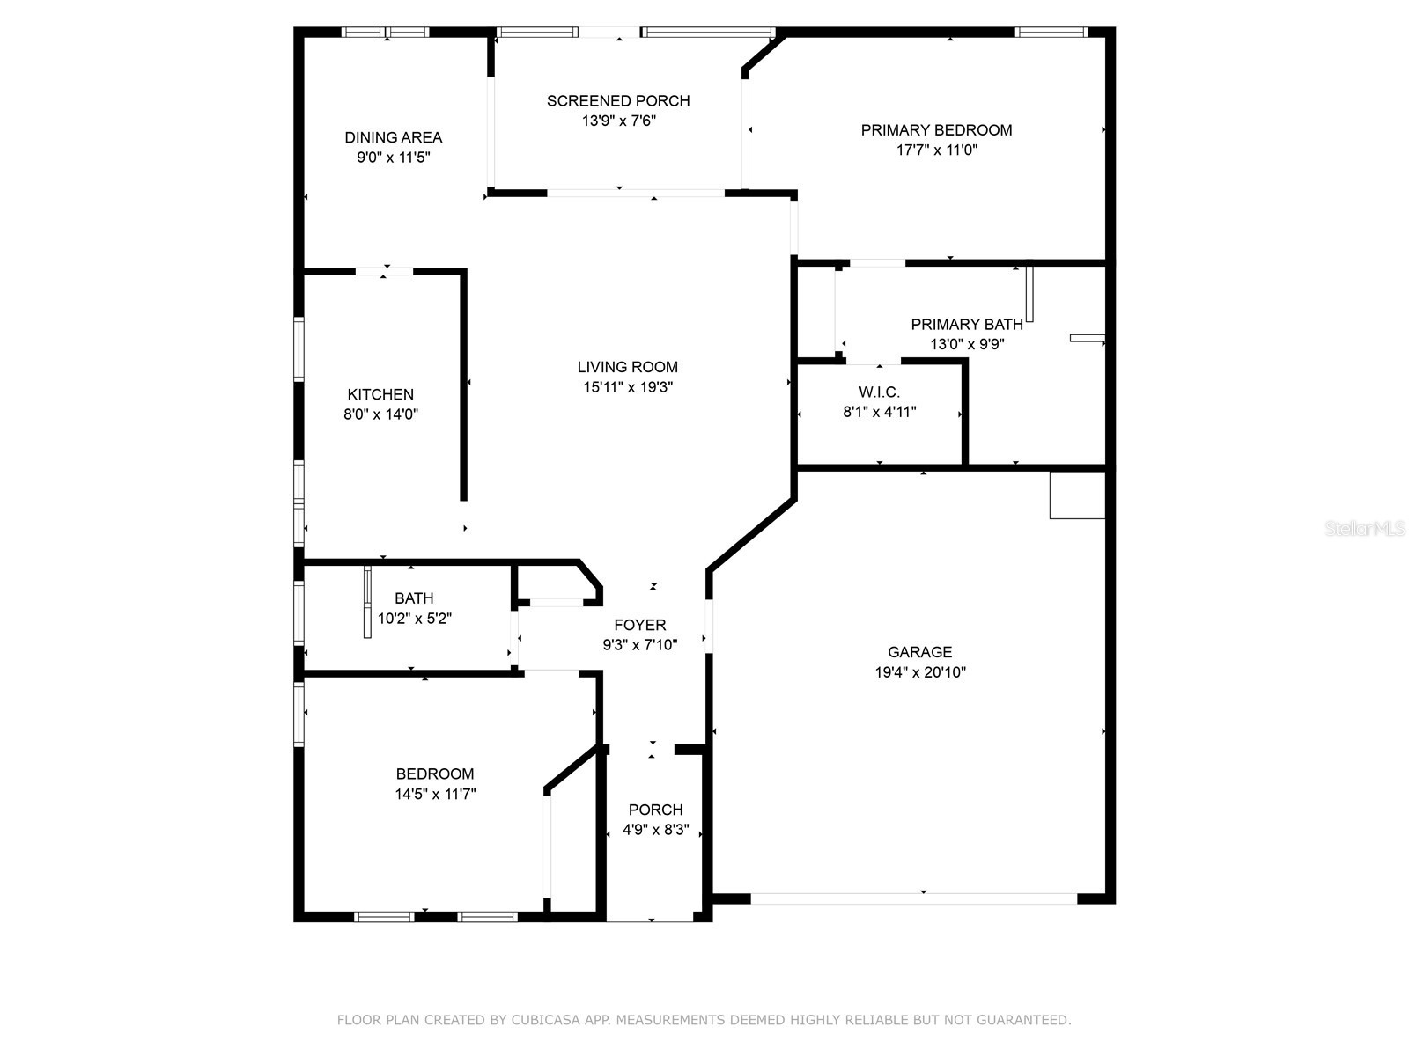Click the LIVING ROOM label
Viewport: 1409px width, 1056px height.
(627, 367)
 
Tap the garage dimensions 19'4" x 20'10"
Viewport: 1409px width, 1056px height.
(919, 672)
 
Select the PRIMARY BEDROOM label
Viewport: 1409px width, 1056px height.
(936, 130)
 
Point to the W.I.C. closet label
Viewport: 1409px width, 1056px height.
(879, 392)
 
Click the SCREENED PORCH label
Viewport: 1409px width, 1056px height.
(618, 101)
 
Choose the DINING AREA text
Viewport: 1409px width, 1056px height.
(393, 137)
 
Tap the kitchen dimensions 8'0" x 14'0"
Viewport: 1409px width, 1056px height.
(380, 414)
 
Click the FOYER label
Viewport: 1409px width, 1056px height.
(639, 625)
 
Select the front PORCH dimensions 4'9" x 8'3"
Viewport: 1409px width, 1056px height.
(655, 830)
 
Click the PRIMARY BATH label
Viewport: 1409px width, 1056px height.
(967, 325)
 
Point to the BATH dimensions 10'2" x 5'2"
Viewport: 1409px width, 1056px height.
(414, 619)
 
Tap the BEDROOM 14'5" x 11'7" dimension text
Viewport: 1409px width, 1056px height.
(435, 794)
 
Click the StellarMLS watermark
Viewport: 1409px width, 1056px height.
(1365, 529)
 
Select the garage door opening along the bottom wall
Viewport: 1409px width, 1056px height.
(913, 898)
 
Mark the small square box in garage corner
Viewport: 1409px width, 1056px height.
(1077, 495)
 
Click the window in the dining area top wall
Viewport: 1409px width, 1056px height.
(385, 33)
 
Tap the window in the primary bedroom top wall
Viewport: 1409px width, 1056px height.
(1051, 33)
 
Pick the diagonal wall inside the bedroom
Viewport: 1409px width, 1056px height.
(572, 769)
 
